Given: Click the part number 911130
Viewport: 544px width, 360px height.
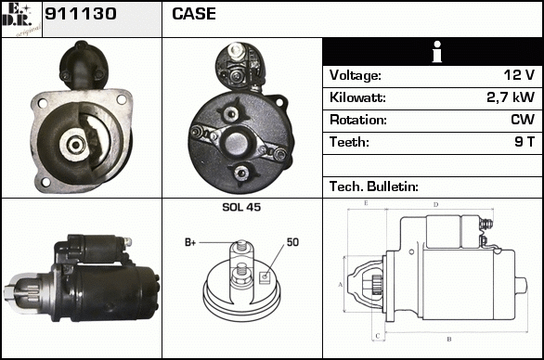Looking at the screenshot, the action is point(81,14).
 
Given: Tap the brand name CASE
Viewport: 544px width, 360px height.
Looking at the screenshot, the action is point(194,14).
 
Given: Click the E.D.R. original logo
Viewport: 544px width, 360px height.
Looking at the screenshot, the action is point(21,19).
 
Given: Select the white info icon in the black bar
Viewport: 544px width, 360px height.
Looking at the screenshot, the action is point(437,52).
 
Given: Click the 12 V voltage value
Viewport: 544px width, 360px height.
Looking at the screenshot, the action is point(519,75).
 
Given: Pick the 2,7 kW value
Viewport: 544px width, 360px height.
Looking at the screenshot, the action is point(511,97).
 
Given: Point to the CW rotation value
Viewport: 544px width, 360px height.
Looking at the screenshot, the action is point(523,120).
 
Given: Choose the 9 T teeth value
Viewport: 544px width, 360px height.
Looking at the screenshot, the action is point(525,142).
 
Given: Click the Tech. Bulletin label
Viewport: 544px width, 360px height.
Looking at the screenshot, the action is point(374,186).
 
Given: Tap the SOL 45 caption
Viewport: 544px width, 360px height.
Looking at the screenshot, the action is point(241,207).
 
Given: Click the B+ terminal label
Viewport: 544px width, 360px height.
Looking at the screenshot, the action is point(190,242).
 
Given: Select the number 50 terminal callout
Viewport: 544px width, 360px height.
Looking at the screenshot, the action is point(292,242).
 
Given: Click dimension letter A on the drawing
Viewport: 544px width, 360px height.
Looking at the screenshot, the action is point(341,285).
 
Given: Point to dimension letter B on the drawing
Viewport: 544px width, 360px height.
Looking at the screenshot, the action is point(449,339).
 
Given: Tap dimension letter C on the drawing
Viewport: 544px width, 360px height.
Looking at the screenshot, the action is point(378,335).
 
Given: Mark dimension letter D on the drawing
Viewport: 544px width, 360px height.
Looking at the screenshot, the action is point(436,205).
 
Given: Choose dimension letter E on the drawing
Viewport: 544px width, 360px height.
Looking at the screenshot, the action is point(366,203).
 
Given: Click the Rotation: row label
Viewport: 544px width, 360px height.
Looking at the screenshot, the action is point(358,120).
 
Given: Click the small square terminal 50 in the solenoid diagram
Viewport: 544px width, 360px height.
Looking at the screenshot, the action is point(265,276).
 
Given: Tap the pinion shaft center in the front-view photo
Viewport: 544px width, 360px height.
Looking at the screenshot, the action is point(75,144).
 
